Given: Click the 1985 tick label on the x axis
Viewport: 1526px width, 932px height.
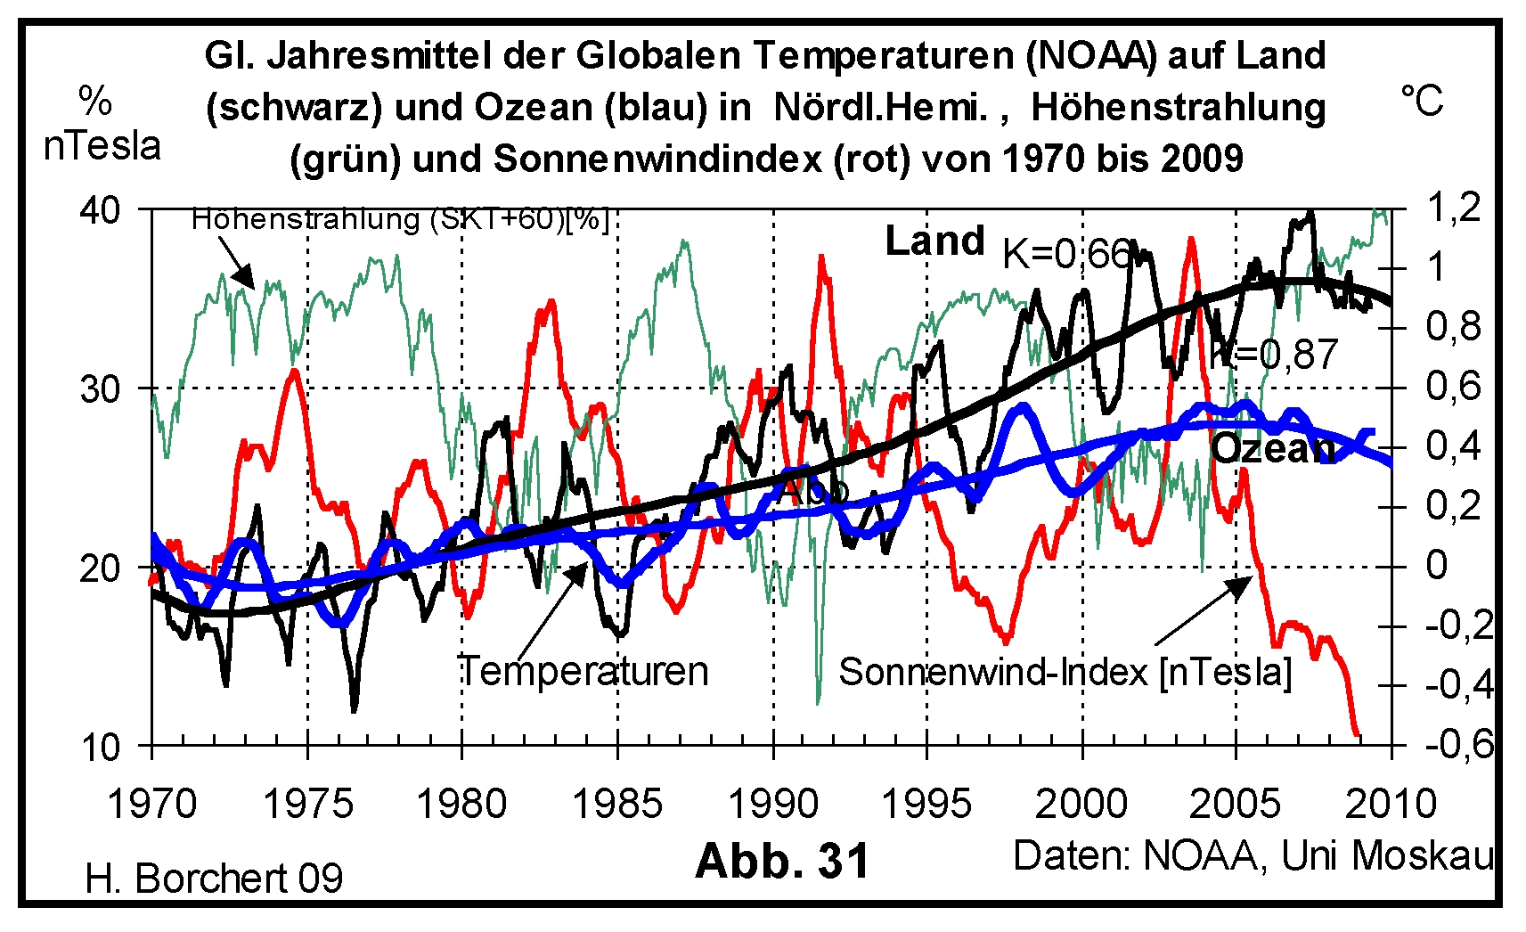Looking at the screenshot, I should tap(616, 804).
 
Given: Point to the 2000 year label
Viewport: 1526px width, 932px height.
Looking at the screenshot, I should tap(1081, 804).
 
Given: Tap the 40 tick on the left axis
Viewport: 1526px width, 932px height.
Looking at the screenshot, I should tap(100, 211).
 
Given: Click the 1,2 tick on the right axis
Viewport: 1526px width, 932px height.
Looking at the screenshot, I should tap(1454, 208).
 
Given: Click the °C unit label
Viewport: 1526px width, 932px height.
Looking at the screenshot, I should tap(1422, 102).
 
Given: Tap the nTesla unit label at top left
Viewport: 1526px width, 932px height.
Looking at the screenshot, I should tap(102, 146).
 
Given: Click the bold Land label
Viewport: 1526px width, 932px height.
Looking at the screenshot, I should tap(934, 241).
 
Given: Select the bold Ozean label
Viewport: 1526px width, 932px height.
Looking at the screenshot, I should tap(1273, 448).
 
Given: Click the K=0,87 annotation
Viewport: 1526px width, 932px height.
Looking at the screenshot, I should tap(1274, 355).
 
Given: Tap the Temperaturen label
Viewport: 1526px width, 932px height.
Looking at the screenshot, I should tap(583, 671).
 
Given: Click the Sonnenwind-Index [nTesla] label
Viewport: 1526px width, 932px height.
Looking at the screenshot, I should tap(1065, 672).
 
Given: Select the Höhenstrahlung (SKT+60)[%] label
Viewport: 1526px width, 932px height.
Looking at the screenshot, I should tap(400, 219).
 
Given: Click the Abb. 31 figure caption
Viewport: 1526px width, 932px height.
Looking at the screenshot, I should tap(782, 861).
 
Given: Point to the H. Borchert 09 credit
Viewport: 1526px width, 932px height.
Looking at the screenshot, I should tap(214, 879).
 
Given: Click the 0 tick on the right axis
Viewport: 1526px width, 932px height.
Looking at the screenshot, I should tap(1436, 565).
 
